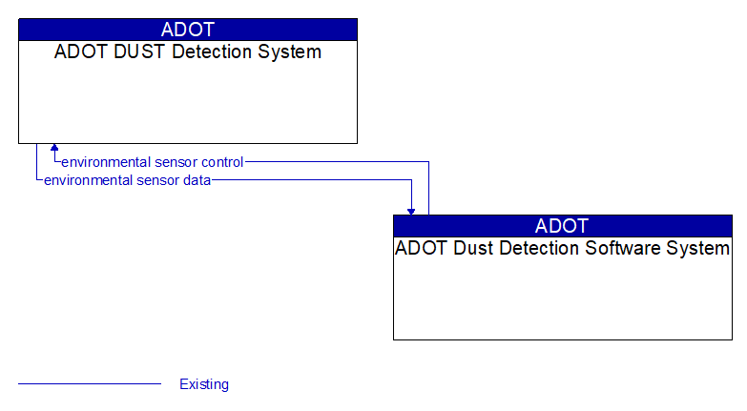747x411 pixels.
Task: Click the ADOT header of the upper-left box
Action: [188, 29]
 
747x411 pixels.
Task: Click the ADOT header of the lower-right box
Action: [562, 226]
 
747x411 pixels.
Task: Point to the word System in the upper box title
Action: [292, 52]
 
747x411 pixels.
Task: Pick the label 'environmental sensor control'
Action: [153, 162]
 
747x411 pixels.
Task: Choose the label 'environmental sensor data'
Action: [127, 179]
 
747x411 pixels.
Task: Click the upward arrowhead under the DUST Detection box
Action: [54, 149]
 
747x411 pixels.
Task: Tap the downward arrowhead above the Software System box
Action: [411, 210]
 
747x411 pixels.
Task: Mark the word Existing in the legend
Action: [204, 384]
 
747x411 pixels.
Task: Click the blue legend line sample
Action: [90, 384]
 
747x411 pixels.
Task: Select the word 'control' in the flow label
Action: [222, 162]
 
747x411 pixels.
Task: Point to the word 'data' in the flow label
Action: [197, 179]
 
